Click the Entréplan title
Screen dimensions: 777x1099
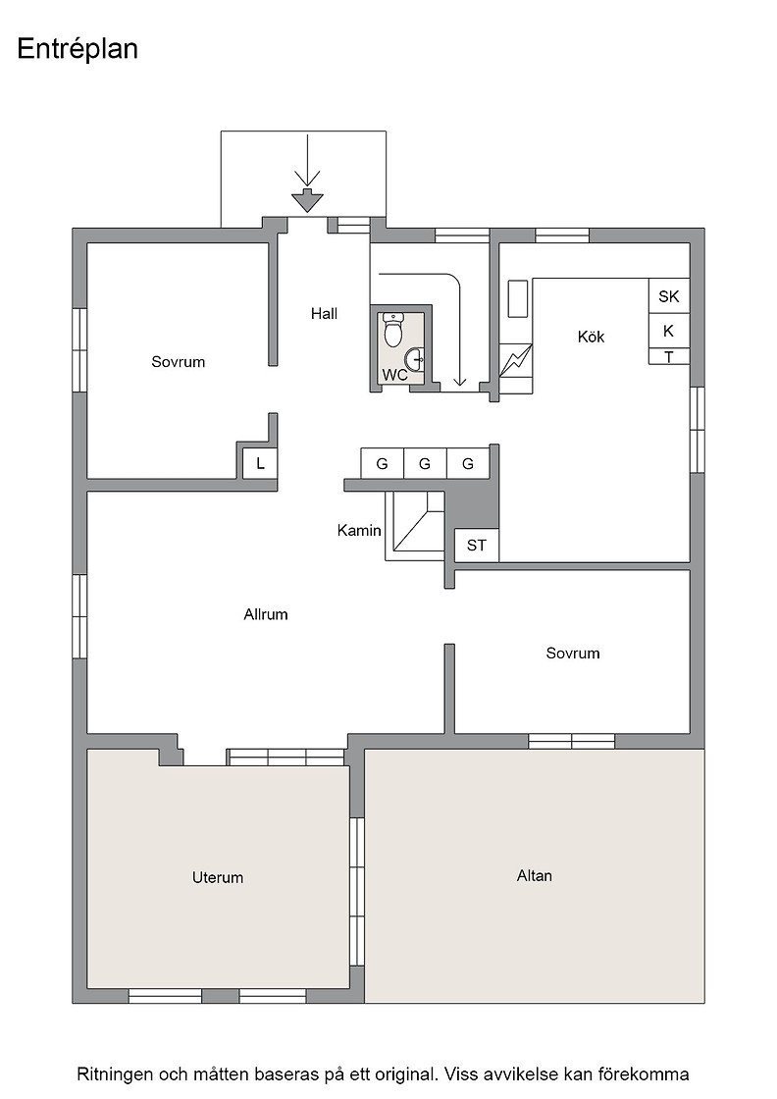coord(78,50)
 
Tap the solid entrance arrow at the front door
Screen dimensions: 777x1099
coord(307,201)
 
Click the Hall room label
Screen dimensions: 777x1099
coord(324,313)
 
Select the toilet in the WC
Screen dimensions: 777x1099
coord(394,330)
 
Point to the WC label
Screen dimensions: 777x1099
coord(394,375)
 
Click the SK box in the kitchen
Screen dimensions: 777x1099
coord(668,295)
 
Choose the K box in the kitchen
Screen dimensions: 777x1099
coord(668,331)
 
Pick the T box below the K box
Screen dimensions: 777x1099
coord(668,357)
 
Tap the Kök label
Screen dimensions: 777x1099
coord(591,337)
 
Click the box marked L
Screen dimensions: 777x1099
coord(260,463)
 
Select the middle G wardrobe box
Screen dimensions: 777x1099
coord(425,463)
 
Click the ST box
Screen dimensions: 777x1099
coord(477,546)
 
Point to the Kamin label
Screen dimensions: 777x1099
coord(359,531)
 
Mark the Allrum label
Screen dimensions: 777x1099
coord(266,614)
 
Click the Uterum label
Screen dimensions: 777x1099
coord(217,877)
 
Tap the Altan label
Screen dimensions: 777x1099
coord(534,875)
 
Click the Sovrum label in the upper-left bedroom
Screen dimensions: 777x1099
coord(178,362)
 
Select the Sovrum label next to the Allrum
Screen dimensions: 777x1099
coord(572,654)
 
